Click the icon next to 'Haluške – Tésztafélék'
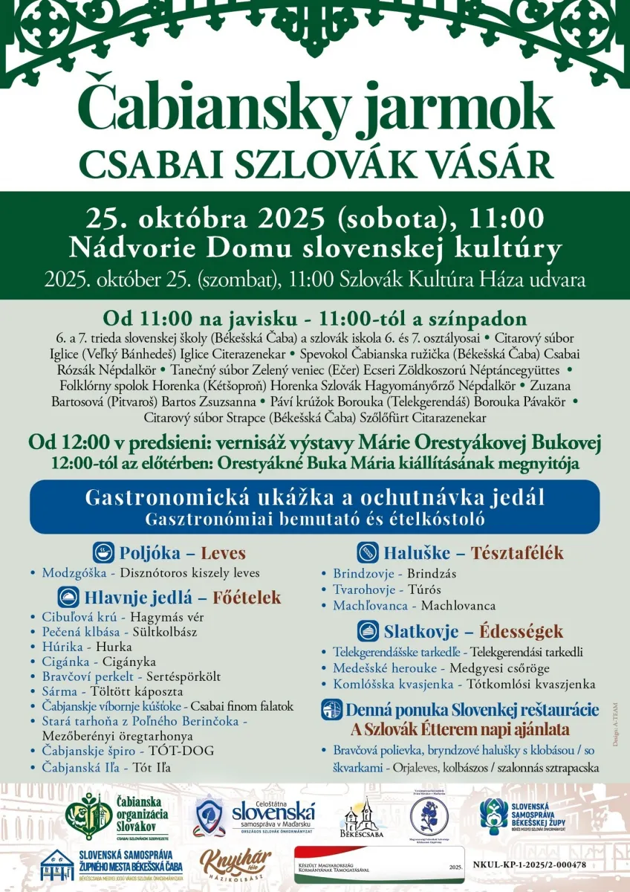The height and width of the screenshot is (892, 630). [368, 552]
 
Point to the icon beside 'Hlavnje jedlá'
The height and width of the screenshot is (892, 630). [69, 597]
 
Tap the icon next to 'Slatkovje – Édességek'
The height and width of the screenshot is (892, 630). [368, 631]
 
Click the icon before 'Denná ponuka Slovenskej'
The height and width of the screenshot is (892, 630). [331, 709]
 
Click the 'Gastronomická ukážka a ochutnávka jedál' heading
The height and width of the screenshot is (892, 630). [315, 497]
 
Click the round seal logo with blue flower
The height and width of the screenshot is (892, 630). [429, 816]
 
